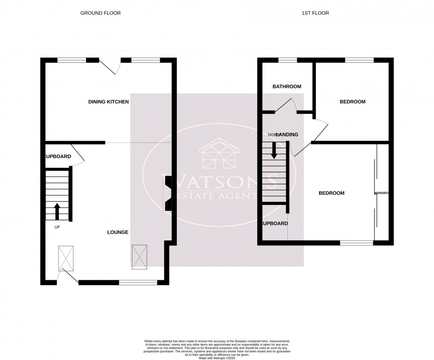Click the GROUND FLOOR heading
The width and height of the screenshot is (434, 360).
(100, 13)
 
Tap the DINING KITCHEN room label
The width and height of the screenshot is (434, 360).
(108, 102)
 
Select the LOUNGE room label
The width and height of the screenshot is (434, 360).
(118, 232)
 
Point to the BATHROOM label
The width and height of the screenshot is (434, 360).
(287, 87)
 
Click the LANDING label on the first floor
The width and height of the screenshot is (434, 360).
(287, 135)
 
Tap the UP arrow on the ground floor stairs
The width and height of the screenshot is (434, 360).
(57, 212)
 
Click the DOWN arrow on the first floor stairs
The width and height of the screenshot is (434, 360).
(274, 150)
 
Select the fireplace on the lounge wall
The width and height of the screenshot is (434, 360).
(167, 193)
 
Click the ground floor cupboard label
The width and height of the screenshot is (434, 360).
(57, 157)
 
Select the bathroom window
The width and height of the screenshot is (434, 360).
(287, 60)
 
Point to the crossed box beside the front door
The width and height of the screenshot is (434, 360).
(66, 258)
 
